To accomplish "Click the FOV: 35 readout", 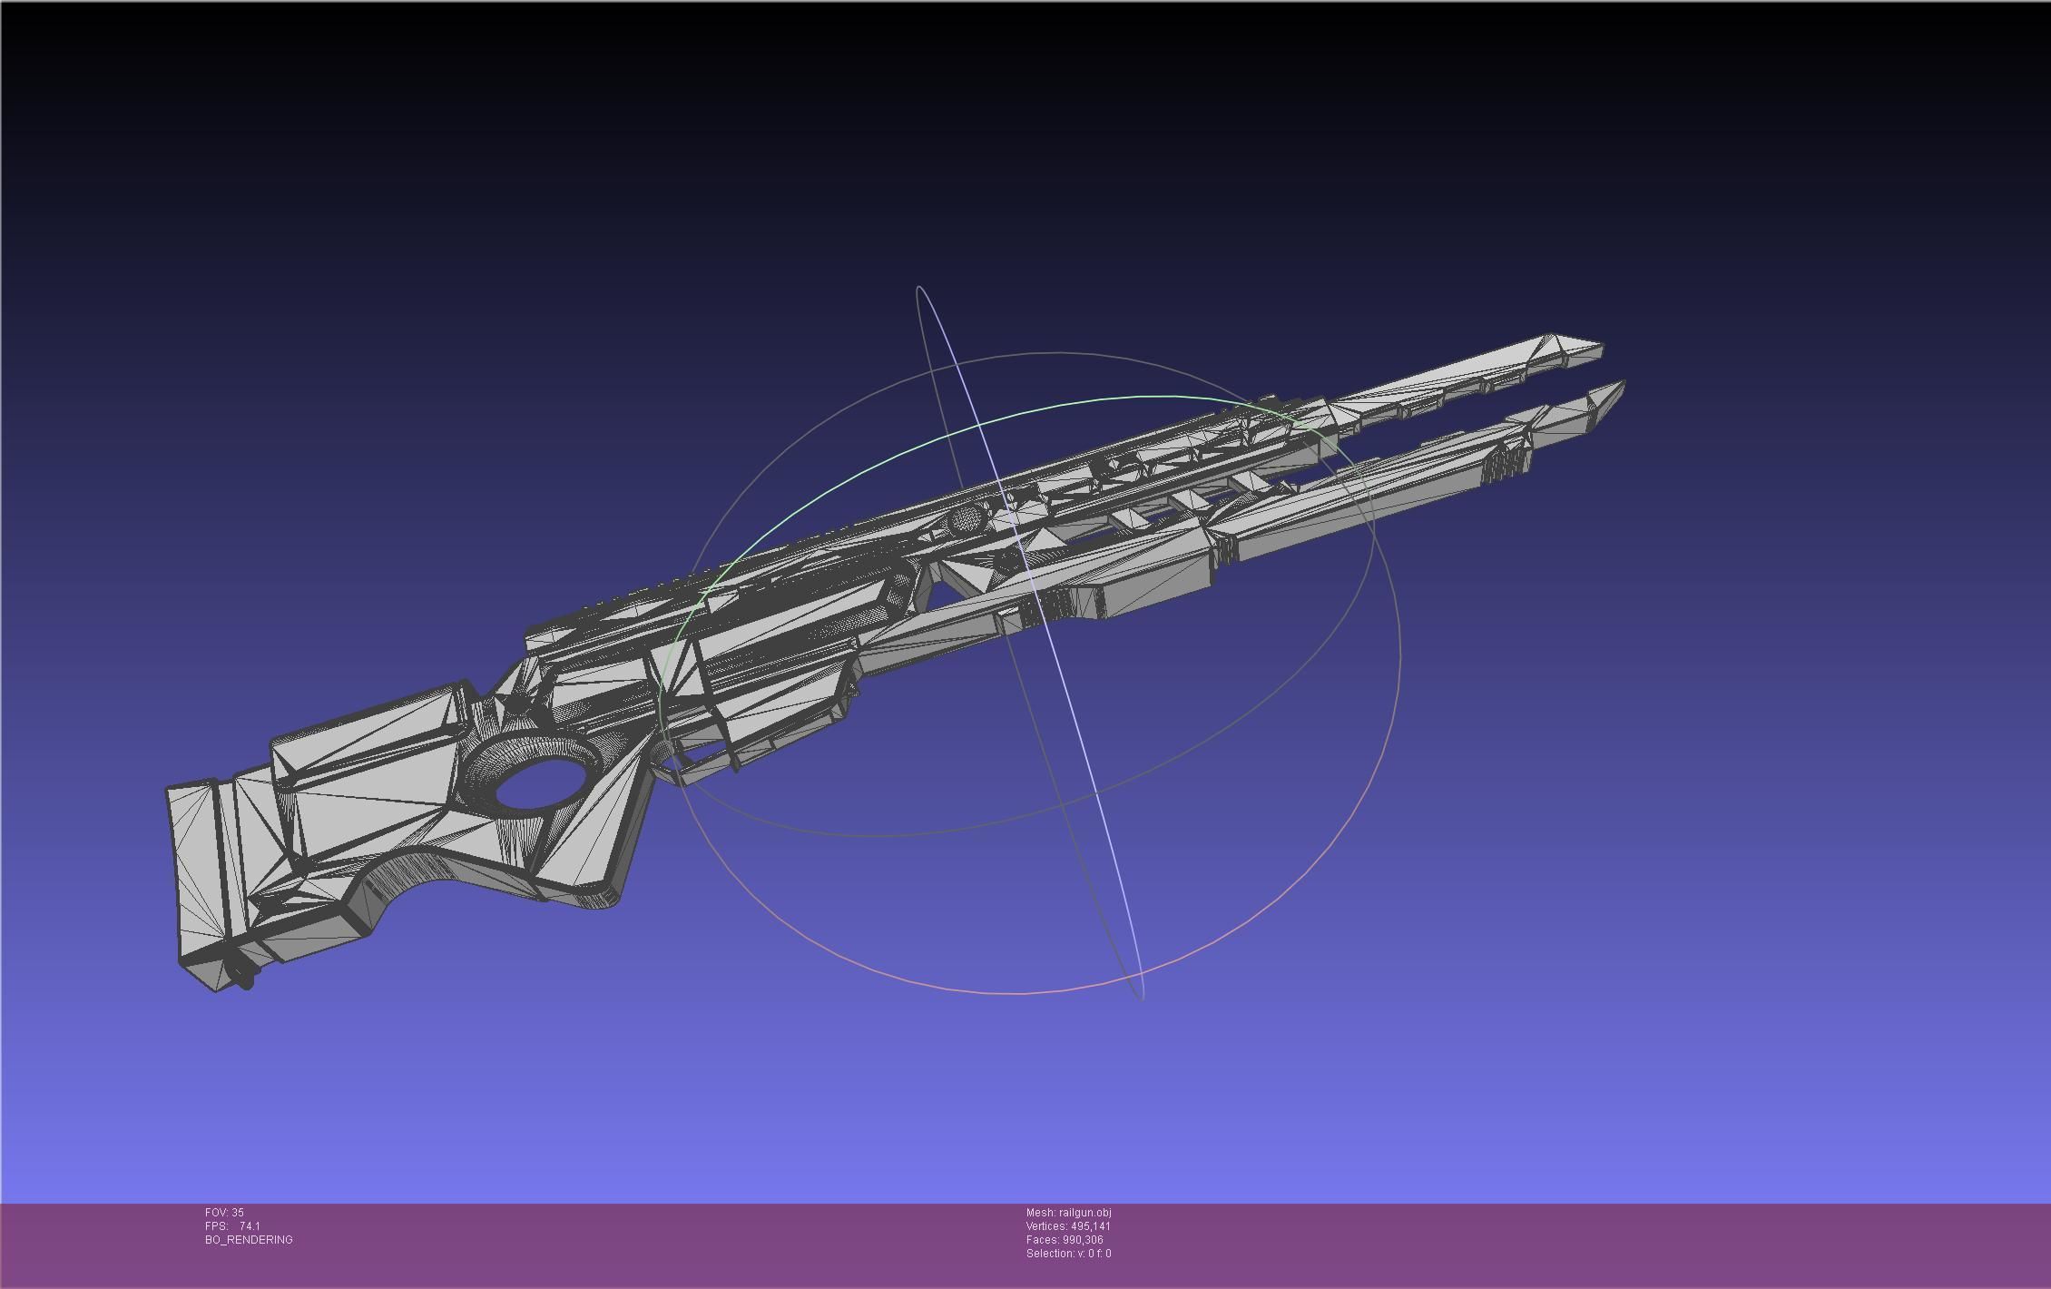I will tap(224, 1212).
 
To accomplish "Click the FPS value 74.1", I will tap(250, 1225).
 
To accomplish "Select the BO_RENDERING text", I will tap(249, 1239).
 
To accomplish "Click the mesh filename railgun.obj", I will tap(1084, 1212).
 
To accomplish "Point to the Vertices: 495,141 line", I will tap(1068, 1225).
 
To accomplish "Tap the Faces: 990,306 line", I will tap(1065, 1239).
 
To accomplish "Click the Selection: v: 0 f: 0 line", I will tap(1068, 1253).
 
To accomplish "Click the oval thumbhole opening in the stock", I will tap(540, 782).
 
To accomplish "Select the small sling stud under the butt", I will tap(242, 977).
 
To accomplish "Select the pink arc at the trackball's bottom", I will tap(1025, 992).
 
